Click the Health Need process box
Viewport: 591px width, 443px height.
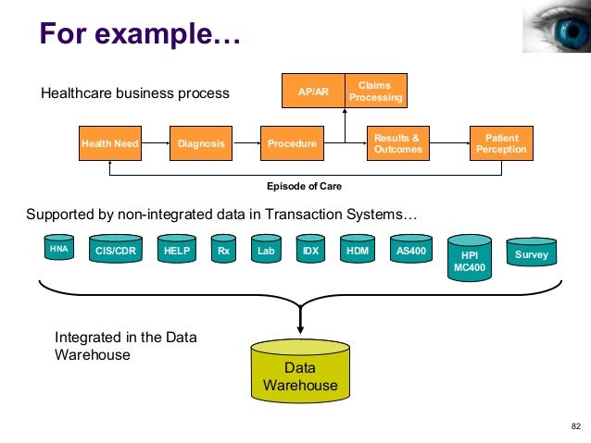click(x=110, y=143)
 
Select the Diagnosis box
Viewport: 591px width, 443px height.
click(x=201, y=143)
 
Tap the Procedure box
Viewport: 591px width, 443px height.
click(x=292, y=143)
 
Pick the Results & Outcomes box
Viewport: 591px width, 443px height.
click(x=398, y=143)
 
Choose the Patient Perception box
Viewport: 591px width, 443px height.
click(x=501, y=143)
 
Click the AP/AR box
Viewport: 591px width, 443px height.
click(x=313, y=91)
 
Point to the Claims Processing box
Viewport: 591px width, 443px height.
click(x=376, y=91)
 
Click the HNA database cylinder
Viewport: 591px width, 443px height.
click(x=59, y=247)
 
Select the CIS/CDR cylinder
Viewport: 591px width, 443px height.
click(x=116, y=249)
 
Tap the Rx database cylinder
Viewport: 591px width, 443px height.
click(x=223, y=249)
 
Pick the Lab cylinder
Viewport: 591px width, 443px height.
click(x=266, y=249)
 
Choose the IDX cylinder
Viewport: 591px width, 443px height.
click(x=310, y=249)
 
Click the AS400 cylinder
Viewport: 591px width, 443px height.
click(x=411, y=249)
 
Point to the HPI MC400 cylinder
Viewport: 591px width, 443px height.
click(x=470, y=258)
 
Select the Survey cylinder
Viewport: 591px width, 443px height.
click(x=532, y=252)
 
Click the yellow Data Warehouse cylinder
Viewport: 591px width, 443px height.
click(x=300, y=371)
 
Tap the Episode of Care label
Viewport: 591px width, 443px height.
click(x=304, y=186)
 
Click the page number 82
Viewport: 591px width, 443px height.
click(x=576, y=426)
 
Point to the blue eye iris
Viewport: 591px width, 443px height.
click(x=572, y=32)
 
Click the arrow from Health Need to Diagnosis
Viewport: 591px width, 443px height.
click(x=156, y=143)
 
